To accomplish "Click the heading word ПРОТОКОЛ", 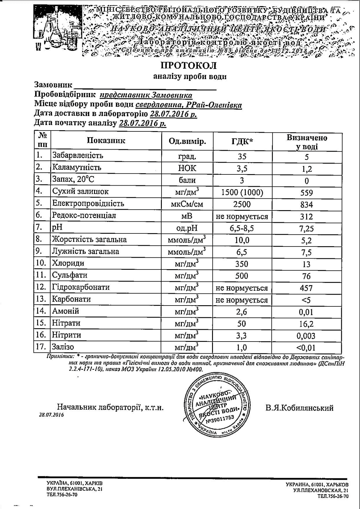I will pos(188,66).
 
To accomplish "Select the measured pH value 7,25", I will pos(306,228).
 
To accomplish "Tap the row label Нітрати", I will pos(66,323).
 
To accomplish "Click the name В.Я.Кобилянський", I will pos(299,408).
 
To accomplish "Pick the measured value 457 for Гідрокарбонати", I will pos(306,288).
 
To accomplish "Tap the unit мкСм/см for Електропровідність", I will pos(187,204).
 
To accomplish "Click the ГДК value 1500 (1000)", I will pos(242,192).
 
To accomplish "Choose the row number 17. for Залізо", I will pos(41,347).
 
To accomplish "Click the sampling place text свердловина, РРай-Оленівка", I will pos(188,105).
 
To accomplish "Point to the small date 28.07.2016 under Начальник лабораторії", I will pos(51,415).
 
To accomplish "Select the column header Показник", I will pos(106,140).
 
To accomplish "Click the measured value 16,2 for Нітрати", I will pos(306,324).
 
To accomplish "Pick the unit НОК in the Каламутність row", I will pos(187,168).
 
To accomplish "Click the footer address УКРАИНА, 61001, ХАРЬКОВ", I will pos(317,485).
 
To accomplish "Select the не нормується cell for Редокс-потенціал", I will pos(242,216).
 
